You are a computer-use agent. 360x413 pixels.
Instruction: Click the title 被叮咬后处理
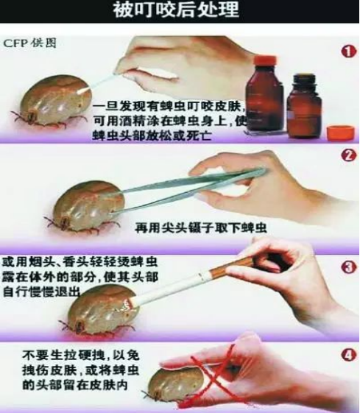(x=176, y=10)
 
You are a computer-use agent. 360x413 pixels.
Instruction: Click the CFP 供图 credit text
(x=29, y=43)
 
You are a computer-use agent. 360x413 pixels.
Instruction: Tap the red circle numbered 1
(x=349, y=52)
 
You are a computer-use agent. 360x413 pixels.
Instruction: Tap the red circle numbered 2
(x=349, y=156)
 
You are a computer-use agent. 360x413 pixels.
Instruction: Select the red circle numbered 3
(x=349, y=267)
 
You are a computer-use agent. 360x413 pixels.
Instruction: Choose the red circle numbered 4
(x=349, y=356)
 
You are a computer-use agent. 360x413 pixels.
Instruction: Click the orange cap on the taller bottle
(x=265, y=61)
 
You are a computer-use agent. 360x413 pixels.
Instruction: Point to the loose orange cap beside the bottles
(x=340, y=134)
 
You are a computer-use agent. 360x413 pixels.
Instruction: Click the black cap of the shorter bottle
(x=305, y=80)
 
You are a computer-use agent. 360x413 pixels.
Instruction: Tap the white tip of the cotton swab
(x=85, y=91)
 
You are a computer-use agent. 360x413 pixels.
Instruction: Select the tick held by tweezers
(x=84, y=207)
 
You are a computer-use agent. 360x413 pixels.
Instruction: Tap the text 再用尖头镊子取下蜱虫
(x=201, y=227)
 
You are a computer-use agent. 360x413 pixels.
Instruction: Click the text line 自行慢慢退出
(x=41, y=292)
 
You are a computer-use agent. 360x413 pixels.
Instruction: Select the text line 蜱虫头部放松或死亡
(x=152, y=135)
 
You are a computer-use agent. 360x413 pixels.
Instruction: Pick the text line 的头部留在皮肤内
(x=75, y=385)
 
